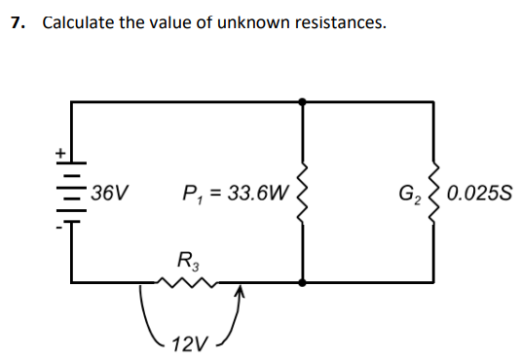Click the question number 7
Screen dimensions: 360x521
click(17, 22)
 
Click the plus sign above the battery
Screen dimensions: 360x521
click(59, 153)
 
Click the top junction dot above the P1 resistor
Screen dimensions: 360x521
click(304, 99)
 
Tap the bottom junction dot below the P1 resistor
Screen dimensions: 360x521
click(304, 283)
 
